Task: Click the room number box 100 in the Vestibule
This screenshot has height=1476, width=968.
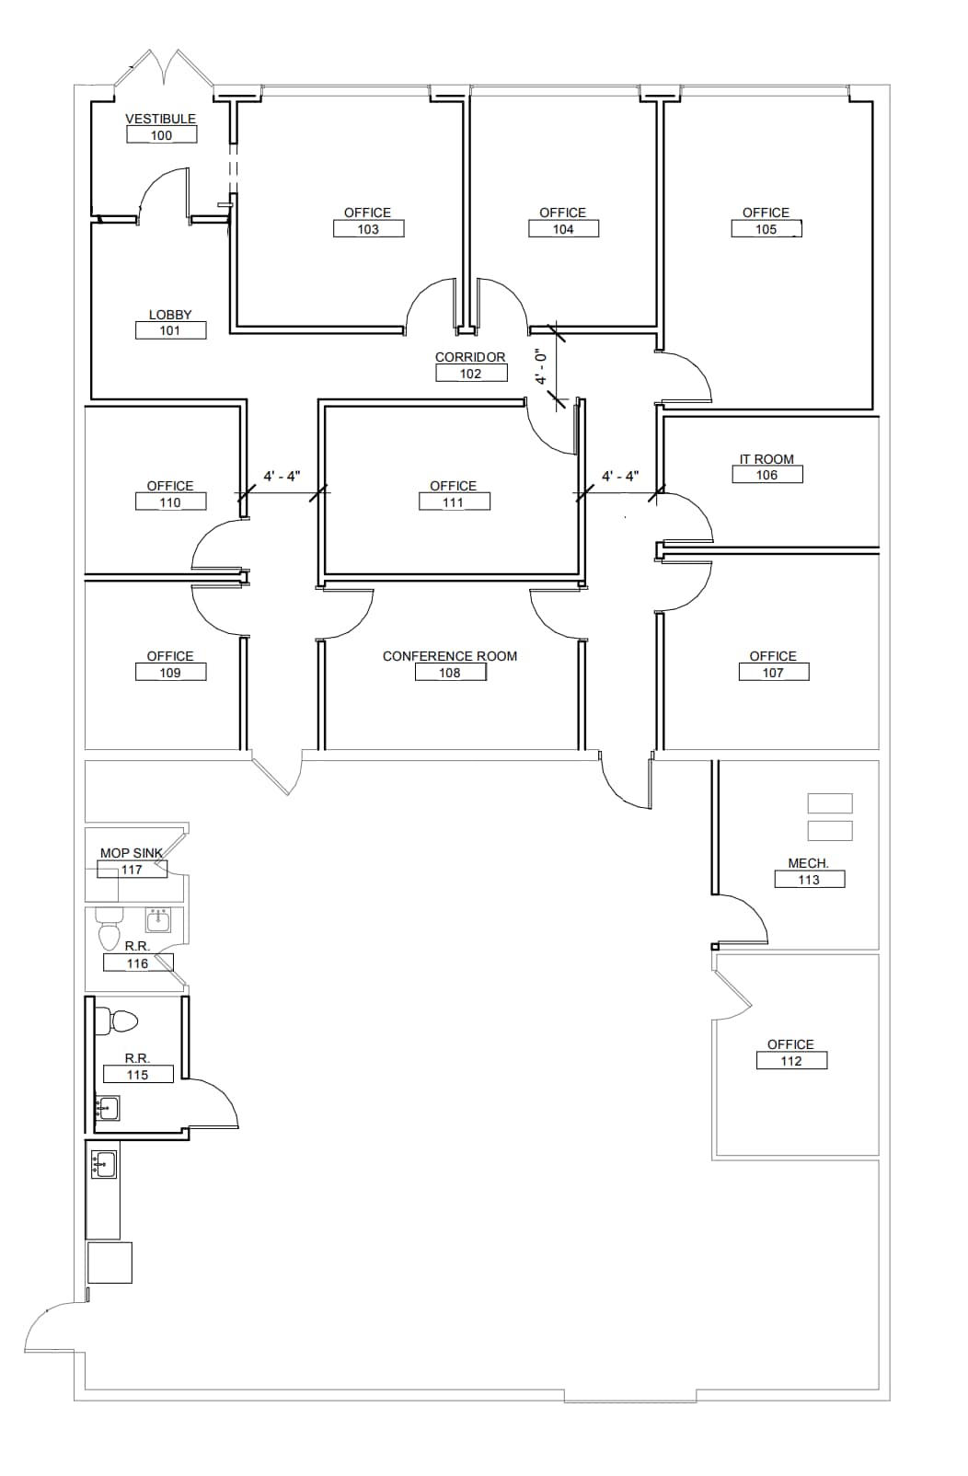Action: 162,135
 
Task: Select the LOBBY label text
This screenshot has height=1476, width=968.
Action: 170,315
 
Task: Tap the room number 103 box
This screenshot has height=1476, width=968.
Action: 368,229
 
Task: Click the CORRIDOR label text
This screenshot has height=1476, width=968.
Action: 470,357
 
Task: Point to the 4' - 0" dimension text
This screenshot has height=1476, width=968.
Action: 541,366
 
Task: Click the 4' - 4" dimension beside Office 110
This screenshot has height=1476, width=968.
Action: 282,476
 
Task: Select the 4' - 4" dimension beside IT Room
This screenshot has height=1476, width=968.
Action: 620,476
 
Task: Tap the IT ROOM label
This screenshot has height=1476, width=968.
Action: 766,459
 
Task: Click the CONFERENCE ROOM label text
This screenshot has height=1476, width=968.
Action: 450,656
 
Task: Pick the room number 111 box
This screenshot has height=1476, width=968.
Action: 454,502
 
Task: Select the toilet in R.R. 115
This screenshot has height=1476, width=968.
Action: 121,1021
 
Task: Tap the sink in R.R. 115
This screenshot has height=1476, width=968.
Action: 108,1107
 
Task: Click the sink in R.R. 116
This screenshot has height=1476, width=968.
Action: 158,918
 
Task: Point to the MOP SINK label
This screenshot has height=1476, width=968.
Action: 131,853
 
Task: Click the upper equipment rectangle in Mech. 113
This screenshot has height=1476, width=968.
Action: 829,802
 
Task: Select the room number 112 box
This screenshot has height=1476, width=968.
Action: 791,1061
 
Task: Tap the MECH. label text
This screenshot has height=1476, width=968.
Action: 808,863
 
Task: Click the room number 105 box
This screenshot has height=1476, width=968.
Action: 766,229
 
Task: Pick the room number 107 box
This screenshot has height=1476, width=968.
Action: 773,673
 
